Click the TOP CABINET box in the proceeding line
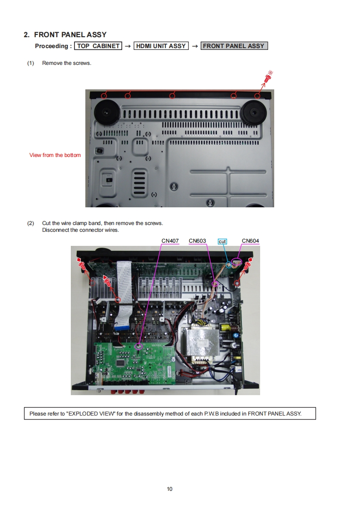click(x=99, y=46)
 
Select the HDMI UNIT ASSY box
click(x=161, y=46)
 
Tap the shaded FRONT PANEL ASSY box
click(x=234, y=46)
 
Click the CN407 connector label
click(x=170, y=241)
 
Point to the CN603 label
click(x=197, y=241)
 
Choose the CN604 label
click(x=251, y=241)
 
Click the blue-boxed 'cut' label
click(x=222, y=241)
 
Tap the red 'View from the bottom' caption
click(x=55, y=155)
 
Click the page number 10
click(x=170, y=489)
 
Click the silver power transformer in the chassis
click(x=202, y=345)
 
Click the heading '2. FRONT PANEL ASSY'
click(x=65, y=34)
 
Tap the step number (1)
click(x=30, y=63)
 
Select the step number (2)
click(x=30, y=223)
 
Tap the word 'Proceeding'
click(x=51, y=46)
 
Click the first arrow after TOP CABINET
click(x=128, y=46)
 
